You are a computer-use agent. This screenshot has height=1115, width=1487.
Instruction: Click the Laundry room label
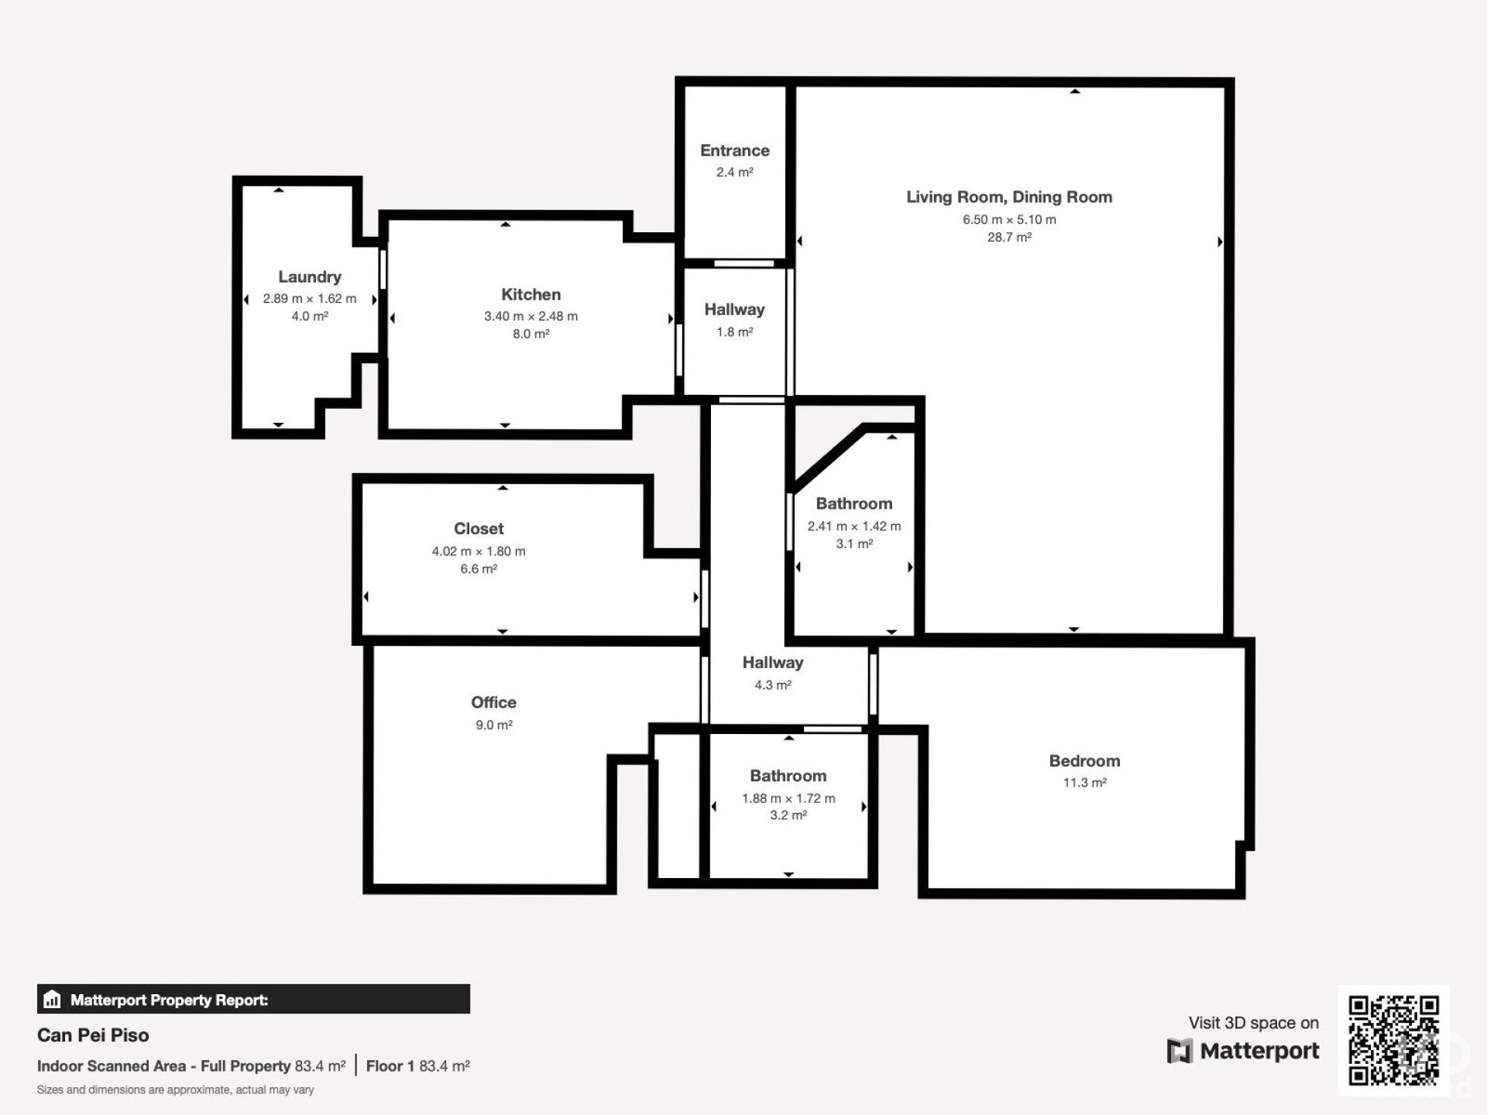309,277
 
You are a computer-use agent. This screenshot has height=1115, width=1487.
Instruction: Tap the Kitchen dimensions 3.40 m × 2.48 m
531,316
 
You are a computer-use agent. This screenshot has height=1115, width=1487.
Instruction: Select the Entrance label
735,151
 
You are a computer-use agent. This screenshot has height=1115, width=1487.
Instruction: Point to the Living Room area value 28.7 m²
1009,237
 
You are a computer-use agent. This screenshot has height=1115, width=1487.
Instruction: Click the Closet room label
479,529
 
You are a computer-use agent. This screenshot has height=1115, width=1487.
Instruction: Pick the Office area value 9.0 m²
493,725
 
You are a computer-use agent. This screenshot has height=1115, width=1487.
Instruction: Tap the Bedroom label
1085,761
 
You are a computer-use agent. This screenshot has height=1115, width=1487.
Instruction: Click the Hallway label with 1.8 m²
734,310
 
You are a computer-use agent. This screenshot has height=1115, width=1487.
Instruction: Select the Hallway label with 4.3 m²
773,662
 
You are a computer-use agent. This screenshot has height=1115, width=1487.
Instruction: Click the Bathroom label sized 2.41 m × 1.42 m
854,504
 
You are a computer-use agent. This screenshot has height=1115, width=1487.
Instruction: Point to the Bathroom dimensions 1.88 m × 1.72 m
788,798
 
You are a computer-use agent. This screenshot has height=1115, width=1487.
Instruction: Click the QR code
1393,1040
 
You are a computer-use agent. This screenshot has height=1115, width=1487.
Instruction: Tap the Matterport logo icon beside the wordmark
1179,1051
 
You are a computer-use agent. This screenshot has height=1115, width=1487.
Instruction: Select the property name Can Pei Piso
93,1035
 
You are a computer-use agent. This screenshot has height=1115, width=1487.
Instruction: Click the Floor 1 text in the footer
390,1067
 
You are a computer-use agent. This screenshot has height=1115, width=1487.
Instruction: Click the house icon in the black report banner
52,999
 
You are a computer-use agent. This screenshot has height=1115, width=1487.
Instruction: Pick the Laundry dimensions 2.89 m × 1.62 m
309,298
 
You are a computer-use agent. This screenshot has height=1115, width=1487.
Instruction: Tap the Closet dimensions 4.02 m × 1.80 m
479,551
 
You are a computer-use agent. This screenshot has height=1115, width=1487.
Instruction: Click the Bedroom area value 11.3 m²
1085,782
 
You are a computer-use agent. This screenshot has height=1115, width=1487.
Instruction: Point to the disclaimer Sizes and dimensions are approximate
176,1090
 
